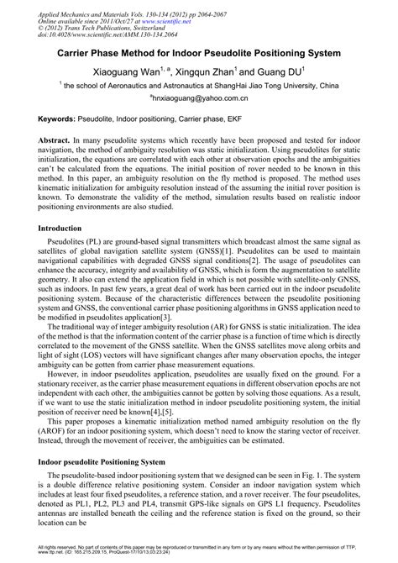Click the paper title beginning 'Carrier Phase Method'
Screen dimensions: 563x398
pos(198,51)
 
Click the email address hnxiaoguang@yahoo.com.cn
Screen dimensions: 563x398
pos(199,99)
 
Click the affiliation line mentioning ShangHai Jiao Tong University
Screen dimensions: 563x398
pos(199,86)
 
